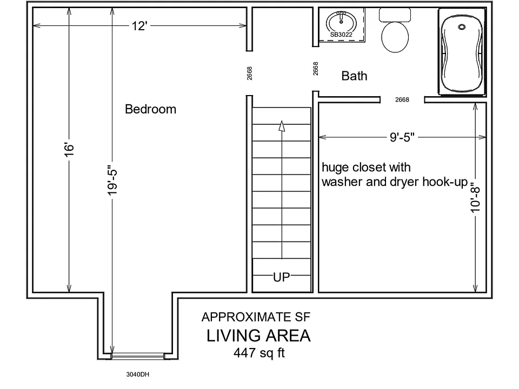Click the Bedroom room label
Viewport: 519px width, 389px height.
(151, 109)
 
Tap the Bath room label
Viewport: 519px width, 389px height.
(354, 76)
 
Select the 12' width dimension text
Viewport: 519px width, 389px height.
(139, 26)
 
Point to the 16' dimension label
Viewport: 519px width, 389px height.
(69, 150)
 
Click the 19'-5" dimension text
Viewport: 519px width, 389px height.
(112, 180)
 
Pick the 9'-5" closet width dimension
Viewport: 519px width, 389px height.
(402, 137)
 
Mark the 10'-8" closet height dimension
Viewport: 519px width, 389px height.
(475, 198)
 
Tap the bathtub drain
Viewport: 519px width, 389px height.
(462, 27)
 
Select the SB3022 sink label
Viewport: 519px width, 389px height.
(341, 35)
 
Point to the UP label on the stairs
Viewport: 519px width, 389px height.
(281, 277)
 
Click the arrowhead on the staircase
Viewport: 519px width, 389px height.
(282, 126)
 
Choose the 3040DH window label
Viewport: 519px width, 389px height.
(138, 374)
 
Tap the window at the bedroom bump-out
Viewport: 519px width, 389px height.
(138, 356)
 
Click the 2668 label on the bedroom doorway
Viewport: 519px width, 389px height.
(250, 73)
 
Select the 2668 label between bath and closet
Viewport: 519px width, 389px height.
(402, 99)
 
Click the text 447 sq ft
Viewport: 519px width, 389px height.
(259, 353)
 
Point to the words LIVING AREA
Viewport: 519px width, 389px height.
(258, 336)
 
